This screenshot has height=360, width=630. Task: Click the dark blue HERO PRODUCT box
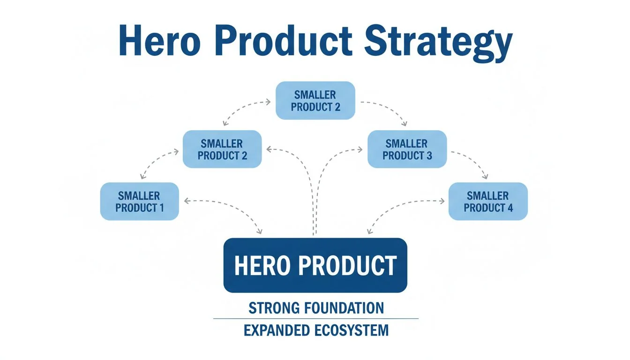pos(315,265)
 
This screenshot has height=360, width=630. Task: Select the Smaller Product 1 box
pos(140,202)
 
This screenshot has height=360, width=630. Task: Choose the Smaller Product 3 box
pos(407,149)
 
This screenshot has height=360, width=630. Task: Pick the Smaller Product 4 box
pos(488,202)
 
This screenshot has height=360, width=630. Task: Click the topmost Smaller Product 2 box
pos(315,100)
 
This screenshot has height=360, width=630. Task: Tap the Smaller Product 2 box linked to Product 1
pos(222,149)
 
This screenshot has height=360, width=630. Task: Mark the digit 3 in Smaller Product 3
pos(429,156)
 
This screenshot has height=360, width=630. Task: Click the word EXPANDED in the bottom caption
pos(277,330)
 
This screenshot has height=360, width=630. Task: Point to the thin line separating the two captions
pos(315,319)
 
